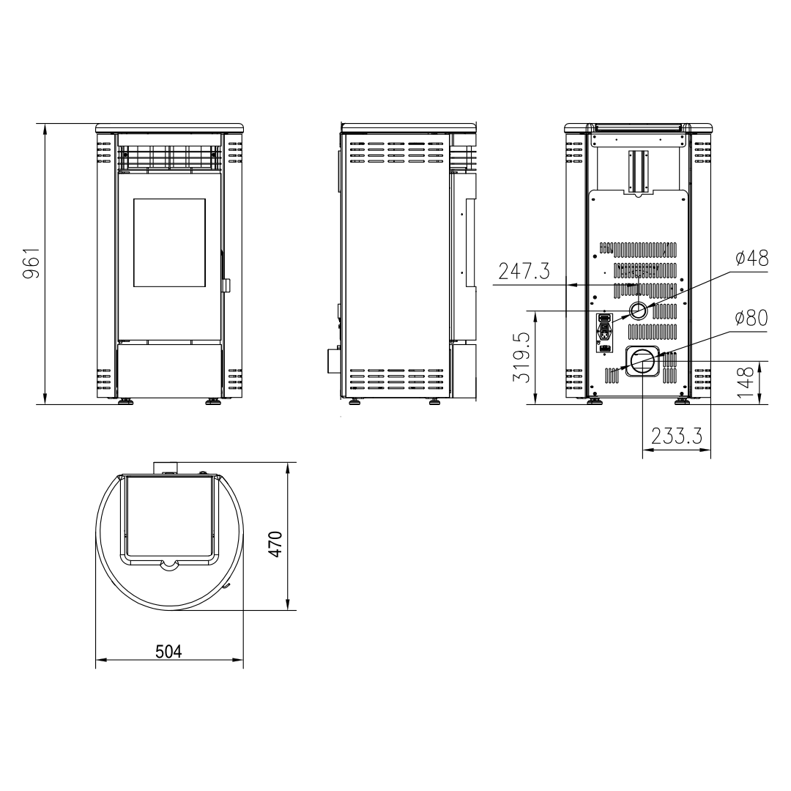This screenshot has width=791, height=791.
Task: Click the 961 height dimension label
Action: click(31, 263)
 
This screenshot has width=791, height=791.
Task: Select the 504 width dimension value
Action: click(168, 652)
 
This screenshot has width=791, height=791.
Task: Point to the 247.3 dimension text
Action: click(524, 272)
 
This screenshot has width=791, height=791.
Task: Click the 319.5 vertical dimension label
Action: click(522, 357)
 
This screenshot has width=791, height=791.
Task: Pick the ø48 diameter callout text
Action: click(751, 258)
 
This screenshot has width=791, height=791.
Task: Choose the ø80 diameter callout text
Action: click(751, 318)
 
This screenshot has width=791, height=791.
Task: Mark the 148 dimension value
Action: click(746, 382)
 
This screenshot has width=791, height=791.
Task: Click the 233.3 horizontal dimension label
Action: click(677, 436)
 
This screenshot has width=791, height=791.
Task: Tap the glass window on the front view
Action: click(169, 242)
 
